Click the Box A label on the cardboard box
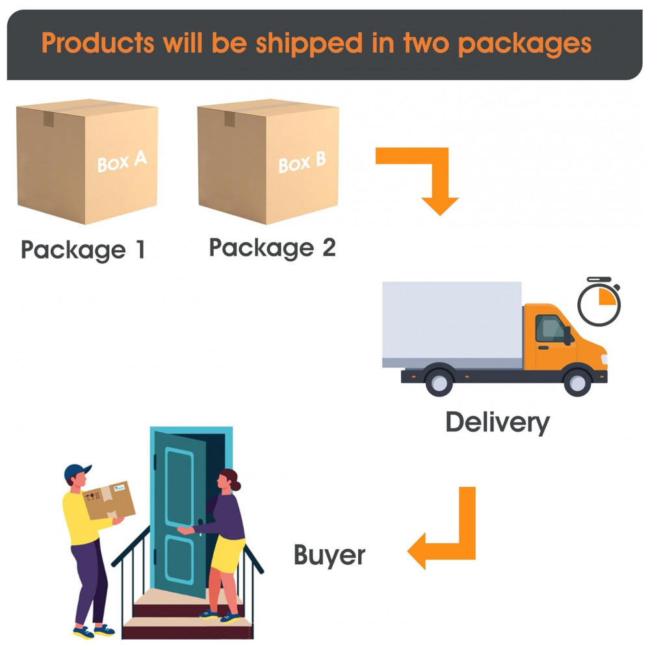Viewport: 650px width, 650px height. [x=122, y=162]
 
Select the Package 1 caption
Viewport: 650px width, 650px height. [x=83, y=250]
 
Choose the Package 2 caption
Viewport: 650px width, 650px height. [x=272, y=248]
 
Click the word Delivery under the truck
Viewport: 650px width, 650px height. [x=497, y=422]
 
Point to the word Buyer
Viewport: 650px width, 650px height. [x=330, y=556]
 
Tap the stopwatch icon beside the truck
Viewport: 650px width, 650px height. [x=599, y=303]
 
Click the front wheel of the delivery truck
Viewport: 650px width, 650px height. [x=577, y=380]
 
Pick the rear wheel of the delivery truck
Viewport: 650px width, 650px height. [x=439, y=380]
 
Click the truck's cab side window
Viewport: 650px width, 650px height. [x=550, y=329]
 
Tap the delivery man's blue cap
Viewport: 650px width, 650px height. [x=77, y=472]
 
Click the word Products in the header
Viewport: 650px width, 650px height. [x=98, y=44]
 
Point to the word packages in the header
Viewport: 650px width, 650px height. [x=524, y=44]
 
